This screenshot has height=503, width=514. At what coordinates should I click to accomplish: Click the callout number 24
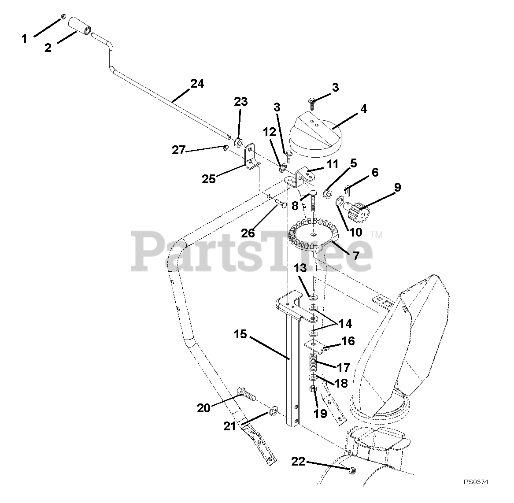click(197, 83)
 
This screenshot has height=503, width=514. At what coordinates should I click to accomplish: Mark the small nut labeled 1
click(63, 17)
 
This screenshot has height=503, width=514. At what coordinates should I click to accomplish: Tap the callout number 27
click(179, 150)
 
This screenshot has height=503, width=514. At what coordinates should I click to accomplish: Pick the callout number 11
click(333, 165)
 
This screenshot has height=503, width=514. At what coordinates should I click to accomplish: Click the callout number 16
click(347, 341)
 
